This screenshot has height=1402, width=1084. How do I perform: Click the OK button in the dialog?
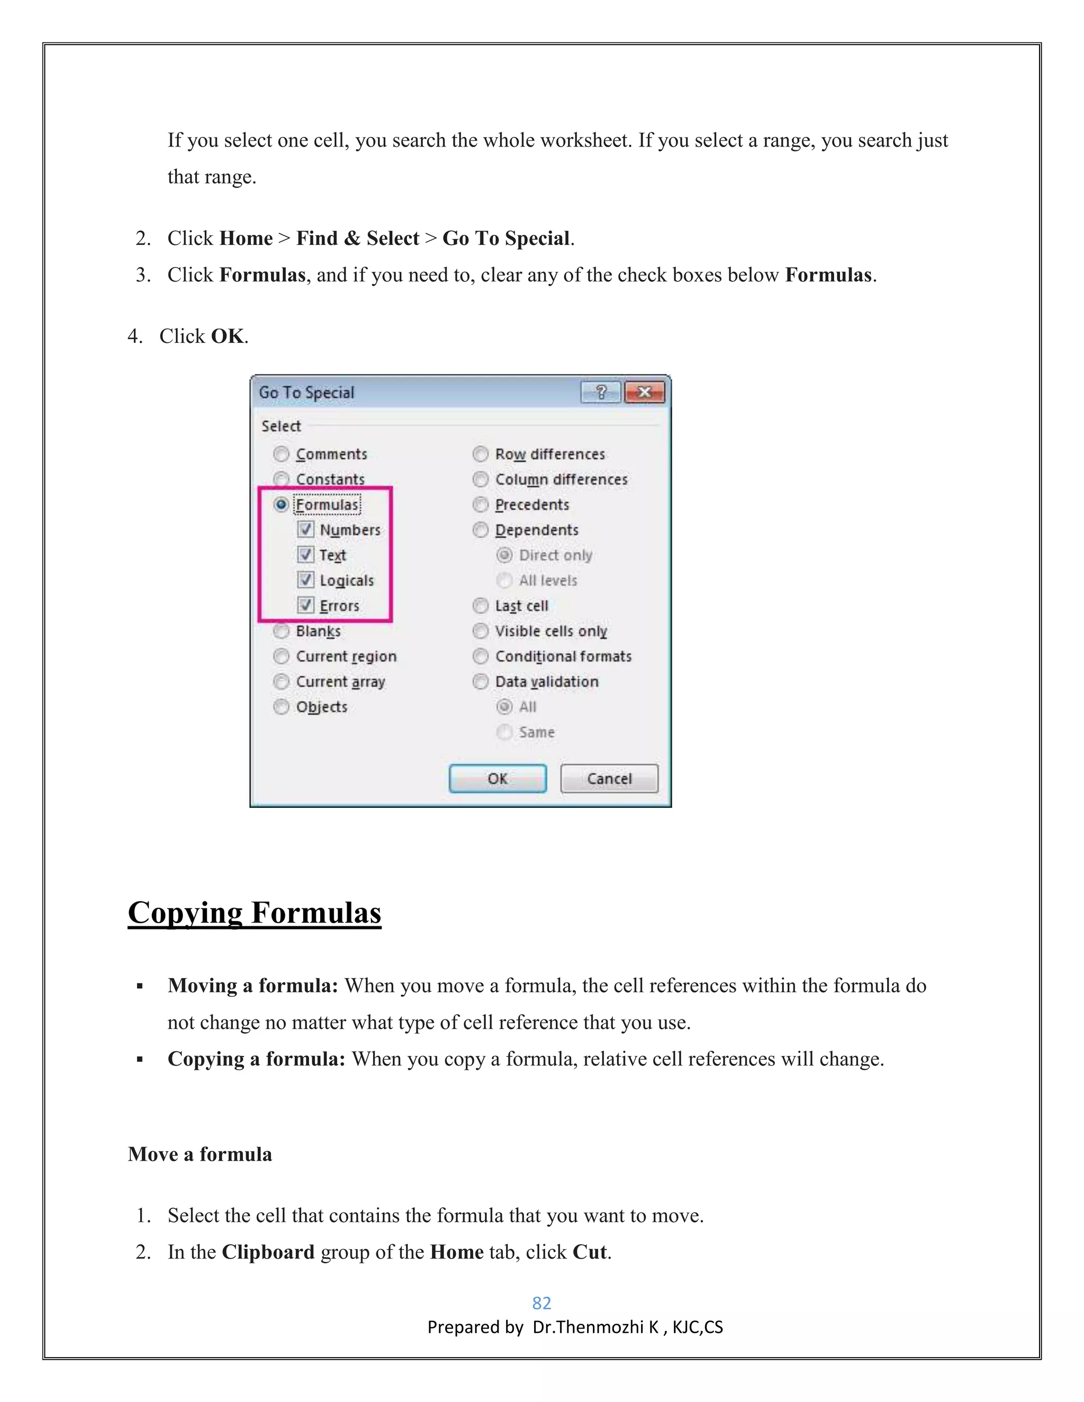pyautogui.click(x=498, y=779)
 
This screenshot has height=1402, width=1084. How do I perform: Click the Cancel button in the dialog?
pyautogui.click(x=609, y=779)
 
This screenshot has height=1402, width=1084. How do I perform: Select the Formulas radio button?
pyautogui.click(x=281, y=505)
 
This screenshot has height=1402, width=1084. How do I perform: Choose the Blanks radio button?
pyautogui.click(x=281, y=631)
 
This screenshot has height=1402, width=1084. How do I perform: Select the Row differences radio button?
pyautogui.click(x=481, y=454)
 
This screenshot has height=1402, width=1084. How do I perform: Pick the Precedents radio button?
pyautogui.click(x=481, y=505)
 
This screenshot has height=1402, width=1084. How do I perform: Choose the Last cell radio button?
pyautogui.click(x=481, y=606)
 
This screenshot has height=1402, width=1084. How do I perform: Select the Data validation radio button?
pyautogui.click(x=481, y=682)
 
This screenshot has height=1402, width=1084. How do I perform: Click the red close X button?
pyautogui.click(x=644, y=392)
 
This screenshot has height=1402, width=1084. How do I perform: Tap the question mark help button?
pyautogui.click(x=600, y=392)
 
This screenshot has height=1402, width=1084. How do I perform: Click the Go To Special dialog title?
pyautogui.click(x=306, y=392)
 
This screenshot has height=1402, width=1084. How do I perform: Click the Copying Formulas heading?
pyautogui.click(x=254, y=912)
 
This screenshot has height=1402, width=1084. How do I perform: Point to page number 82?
pyautogui.click(x=541, y=1303)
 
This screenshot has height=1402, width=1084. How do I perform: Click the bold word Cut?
pyautogui.click(x=590, y=1252)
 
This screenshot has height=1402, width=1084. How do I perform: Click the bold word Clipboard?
pyautogui.click(x=268, y=1252)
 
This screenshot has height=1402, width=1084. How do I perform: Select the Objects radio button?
pyautogui.click(x=281, y=707)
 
